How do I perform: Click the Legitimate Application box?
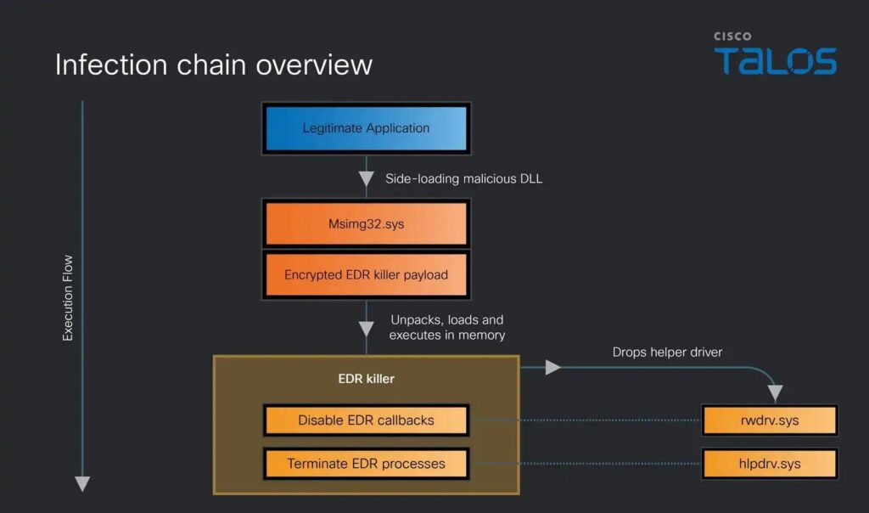coord(367,128)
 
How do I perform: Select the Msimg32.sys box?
coord(367,225)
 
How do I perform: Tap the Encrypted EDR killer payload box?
coord(367,274)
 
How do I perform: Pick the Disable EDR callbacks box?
coord(367,420)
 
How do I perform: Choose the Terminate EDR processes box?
coord(367,464)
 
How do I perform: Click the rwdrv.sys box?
coord(770,420)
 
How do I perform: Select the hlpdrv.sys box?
coord(770,464)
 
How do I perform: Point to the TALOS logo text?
coord(774,61)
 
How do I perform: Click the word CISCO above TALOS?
coord(732,37)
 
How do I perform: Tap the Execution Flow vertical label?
coord(68,298)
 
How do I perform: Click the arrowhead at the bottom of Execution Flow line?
coord(82,484)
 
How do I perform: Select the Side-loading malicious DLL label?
coord(463,178)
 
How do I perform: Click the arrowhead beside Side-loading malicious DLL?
coord(367,179)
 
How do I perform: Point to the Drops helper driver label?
coord(667,352)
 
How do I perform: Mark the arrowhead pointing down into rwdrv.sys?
coord(775,394)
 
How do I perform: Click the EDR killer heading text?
coord(367,378)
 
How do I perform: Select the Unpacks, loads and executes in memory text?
coord(447,328)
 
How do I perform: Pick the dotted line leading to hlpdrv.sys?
coord(586,464)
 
